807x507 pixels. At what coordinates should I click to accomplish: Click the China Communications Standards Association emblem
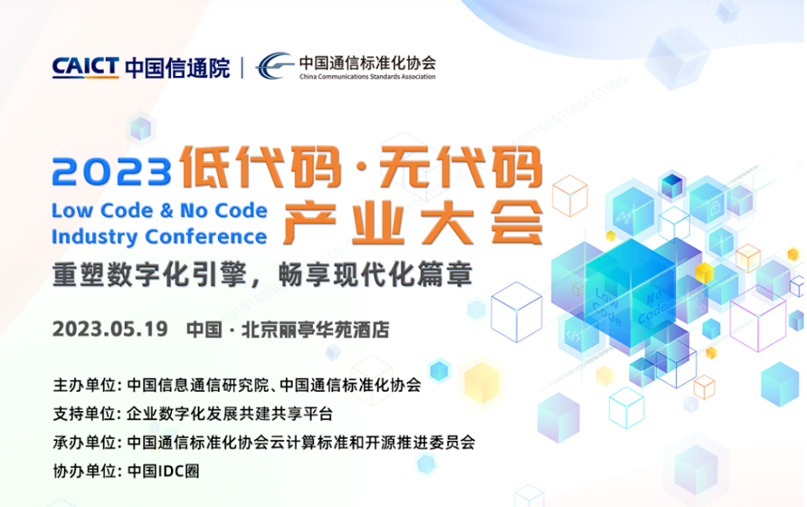click(274, 66)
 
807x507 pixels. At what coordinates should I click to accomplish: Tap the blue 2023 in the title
click(112, 169)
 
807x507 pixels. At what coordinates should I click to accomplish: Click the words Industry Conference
click(160, 237)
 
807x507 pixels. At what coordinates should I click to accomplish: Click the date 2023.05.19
click(110, 328)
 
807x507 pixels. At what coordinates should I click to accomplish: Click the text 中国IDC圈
click(166, 472)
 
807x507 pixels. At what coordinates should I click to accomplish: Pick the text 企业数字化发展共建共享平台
click(231, 414)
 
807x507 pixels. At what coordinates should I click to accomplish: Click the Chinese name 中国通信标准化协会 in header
click(367, 62)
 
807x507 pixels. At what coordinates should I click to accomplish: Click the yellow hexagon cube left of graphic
click(481, 381)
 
